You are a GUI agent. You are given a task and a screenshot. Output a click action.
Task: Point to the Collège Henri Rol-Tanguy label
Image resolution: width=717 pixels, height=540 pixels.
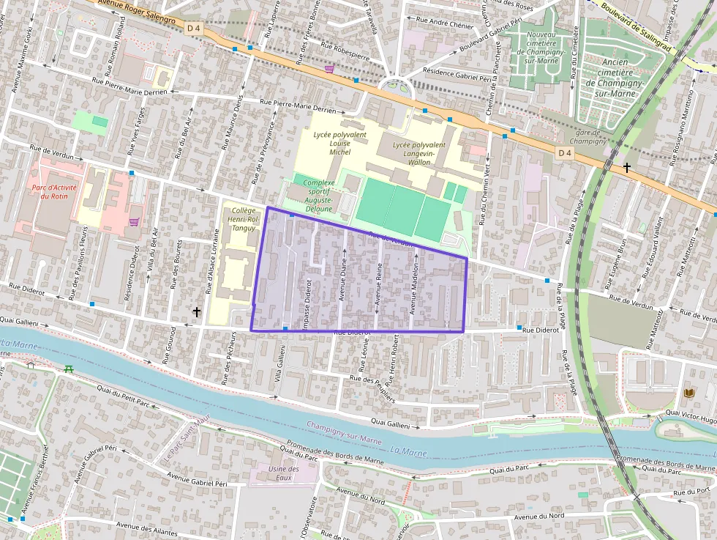click(x=242, y=218)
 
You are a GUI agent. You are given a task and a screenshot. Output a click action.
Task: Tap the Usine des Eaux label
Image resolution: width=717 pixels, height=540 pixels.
click(x=284, y=473)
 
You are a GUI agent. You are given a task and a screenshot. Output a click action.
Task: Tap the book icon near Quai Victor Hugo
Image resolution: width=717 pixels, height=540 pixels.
click(x=688, y=393)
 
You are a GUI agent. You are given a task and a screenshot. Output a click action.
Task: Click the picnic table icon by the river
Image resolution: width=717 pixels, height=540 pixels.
click(x=69, y=369)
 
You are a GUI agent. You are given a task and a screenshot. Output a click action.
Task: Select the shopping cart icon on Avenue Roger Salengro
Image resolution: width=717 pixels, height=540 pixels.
click(x=329, y=69)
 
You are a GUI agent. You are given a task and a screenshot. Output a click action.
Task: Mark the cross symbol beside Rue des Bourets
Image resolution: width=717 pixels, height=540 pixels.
click(x=196, y=311)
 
